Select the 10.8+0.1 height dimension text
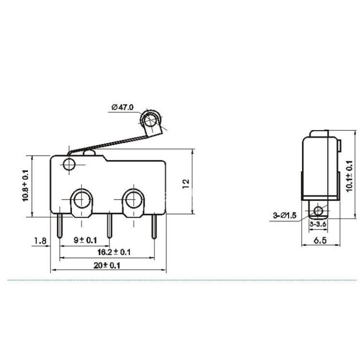[x=25, y=185]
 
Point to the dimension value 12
[x=185, y=183]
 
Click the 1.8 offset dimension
[x=40, y=241]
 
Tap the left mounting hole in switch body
[x=80, y=200]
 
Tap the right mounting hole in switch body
[x=133, y=200]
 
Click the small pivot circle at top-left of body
[x=69, y=164]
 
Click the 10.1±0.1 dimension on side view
[x=350, y=178]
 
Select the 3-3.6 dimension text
[x=318, y=225]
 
